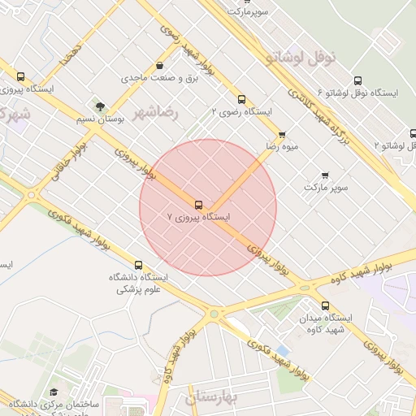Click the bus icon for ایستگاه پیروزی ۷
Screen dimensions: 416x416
pyautogui.click(x=198, y=204)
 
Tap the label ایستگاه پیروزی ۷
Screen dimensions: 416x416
pyautogui.click(x=198, y=218)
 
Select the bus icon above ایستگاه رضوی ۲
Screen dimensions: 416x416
pyautogui.click(x=241, y=98)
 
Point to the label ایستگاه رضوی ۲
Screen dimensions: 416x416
pyautogui.click(x=241, y=110)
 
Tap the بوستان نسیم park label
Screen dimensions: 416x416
pyautogui.click(x=100, y=119)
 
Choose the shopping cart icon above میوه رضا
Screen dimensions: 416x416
pyautogui.click(x=282, y=135)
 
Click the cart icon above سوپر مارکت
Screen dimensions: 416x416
pyautogui.click(x=325, y=175)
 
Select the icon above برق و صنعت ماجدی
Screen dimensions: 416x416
pyautogui.click(x=159, y=66)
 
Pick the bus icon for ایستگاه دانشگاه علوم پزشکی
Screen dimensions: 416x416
pyautogui.click(x=138, y=265)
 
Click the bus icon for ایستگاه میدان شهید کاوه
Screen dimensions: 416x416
pyautogui.click(x=325, y=305)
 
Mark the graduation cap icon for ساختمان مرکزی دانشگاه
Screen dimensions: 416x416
pyautogui.click(x=54, y=392)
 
